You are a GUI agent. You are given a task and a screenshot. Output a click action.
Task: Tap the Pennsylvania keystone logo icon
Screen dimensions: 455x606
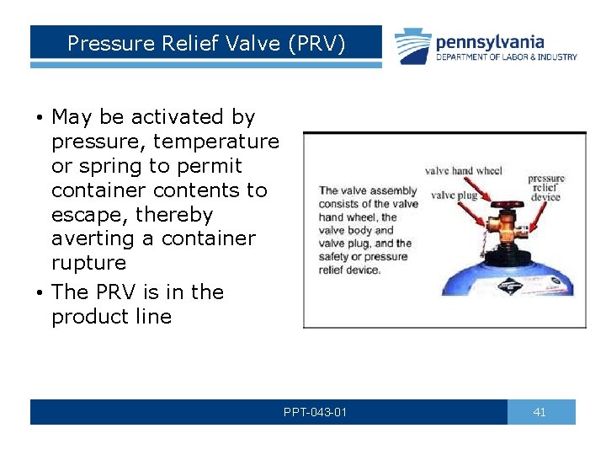(413, 46)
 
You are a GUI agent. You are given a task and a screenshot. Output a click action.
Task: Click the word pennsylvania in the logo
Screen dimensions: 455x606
(490, 42)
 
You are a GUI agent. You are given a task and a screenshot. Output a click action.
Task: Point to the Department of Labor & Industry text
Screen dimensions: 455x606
(506, 57)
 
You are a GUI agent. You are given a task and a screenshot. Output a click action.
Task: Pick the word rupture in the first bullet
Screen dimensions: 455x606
(88, 263)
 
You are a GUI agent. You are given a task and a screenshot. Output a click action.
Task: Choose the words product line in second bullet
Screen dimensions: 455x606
(111, 317)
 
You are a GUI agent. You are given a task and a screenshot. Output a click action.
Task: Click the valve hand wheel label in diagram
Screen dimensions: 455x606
(463, 171)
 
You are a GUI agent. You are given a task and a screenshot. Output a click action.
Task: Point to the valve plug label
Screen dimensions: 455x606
(454, 195)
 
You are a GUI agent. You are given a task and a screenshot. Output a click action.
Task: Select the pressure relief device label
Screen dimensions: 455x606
(546, 187)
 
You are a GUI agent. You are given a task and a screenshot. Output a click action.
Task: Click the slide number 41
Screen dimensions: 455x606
(540, 412)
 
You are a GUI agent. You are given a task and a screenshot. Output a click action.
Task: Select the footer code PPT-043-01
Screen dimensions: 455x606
(315, 412)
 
